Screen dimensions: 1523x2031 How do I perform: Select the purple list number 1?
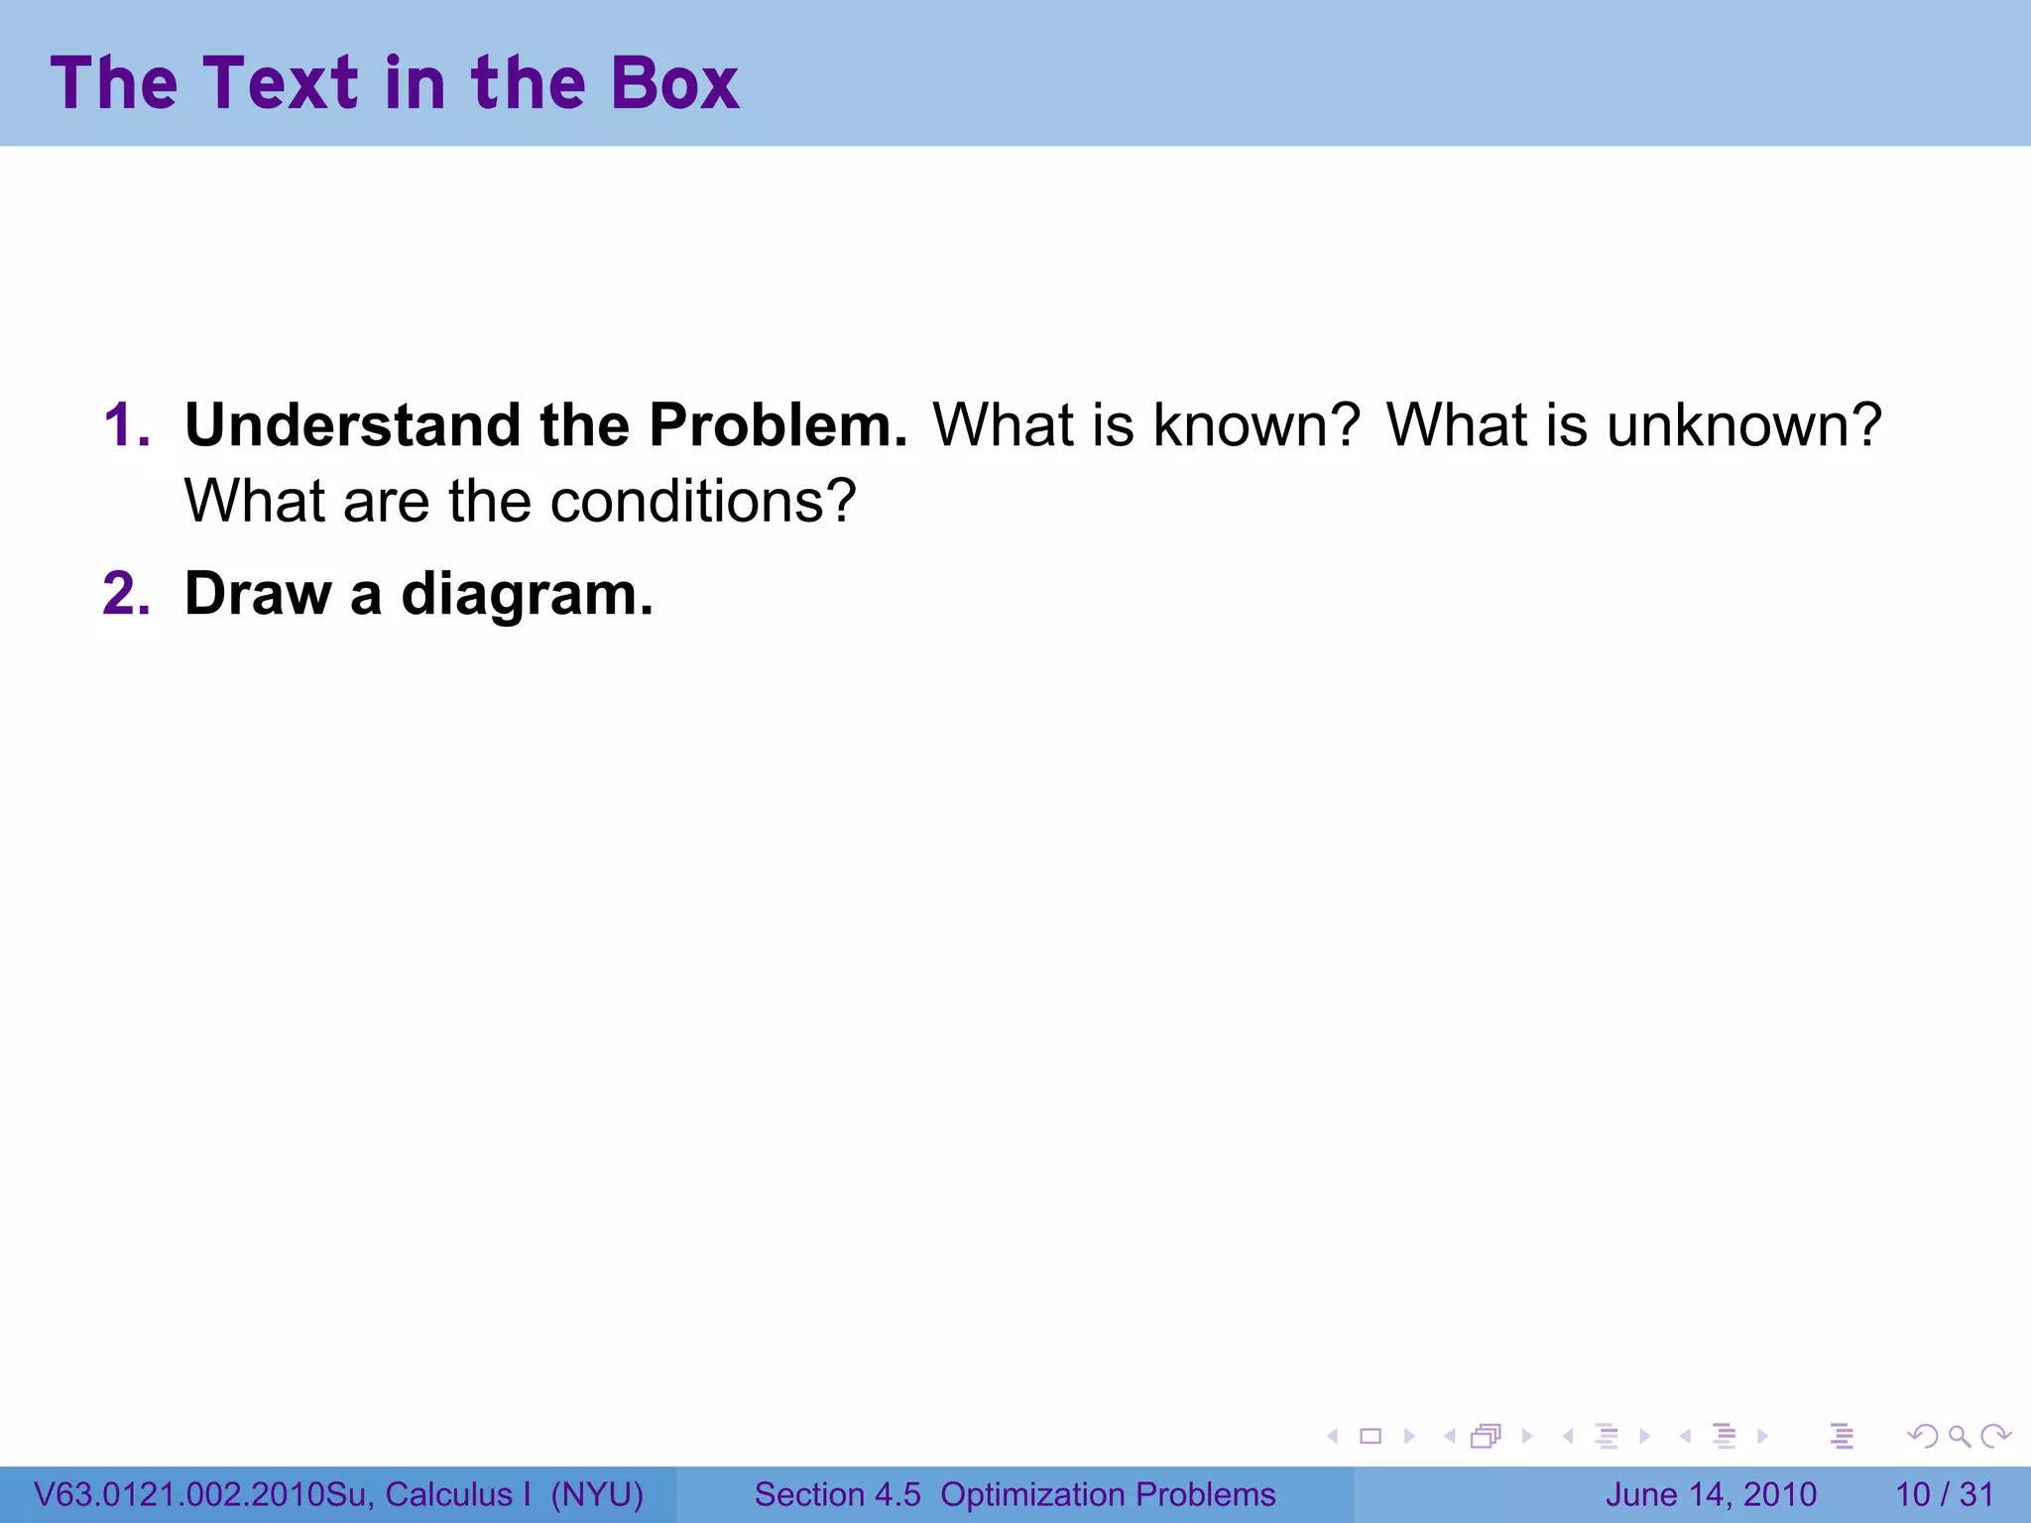tap(126, 425)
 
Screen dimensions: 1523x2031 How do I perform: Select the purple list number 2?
tap(126, 594)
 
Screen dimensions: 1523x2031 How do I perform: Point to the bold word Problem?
tap(777, 425)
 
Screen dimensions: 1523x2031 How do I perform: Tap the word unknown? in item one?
tap(1743, 425)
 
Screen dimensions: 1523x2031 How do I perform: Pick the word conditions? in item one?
tap(702, 502)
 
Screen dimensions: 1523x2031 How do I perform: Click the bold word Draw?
tap(257, 594)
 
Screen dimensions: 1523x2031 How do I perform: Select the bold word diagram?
tap(527, 596)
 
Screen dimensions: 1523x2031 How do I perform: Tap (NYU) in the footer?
tap(597, 1494)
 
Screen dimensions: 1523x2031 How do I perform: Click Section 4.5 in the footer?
tap(837, 1494)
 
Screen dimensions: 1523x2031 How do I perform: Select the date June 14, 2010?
tap(1711, 1494)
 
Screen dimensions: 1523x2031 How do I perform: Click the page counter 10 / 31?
tap(1944, 1494)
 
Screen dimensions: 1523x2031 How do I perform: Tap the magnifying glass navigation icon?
tap(1959, 1436)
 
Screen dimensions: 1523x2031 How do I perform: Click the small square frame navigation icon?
tap(1371, 1436)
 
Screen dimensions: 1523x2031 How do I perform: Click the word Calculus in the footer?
tap(448, 1494)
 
